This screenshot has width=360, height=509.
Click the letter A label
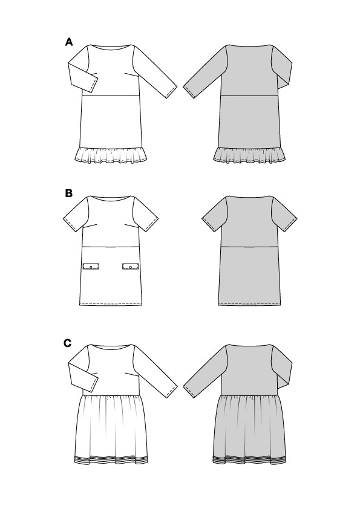pos(69,42)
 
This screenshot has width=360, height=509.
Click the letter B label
pos(68,193)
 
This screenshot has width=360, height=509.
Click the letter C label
pos(68,343)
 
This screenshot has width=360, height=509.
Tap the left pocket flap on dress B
pos(91,267)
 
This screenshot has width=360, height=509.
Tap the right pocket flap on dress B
pos(131,267)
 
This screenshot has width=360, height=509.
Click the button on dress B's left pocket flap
pos(91,267)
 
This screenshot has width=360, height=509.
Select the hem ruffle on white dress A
pos(111,154)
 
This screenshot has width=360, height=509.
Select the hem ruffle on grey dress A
pos(249,154)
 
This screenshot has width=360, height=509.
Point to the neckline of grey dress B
pos(249,198)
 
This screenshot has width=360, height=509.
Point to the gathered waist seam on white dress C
pos(111,396)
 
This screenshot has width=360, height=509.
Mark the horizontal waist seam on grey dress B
pos(249,247)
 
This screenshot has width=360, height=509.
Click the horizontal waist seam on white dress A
pos(111,96)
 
